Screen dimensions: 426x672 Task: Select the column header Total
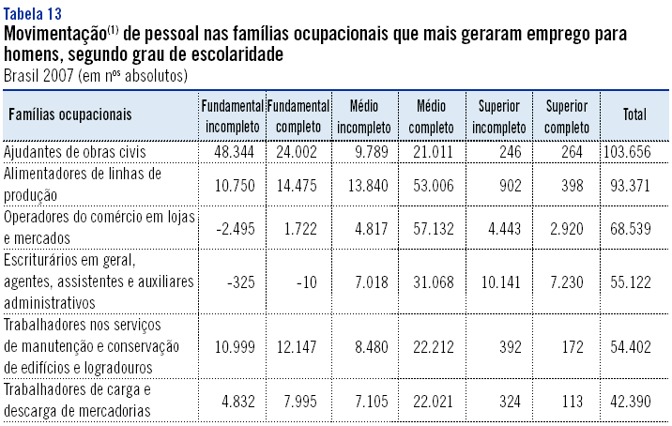[x=634, y=114]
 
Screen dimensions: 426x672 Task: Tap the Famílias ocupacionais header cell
[x=70, y=114]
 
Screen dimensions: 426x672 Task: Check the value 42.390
[x=634, y=402]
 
